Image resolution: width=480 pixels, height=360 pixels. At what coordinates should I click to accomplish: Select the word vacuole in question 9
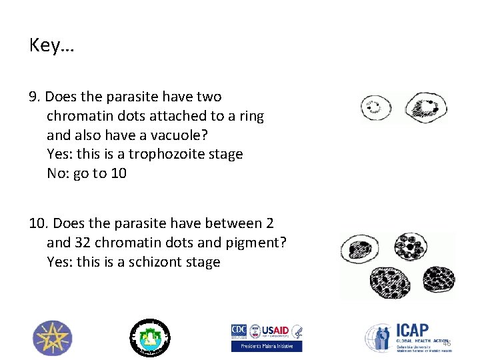(181, 135)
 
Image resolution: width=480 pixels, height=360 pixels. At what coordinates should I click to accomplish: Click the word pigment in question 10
(254, 243)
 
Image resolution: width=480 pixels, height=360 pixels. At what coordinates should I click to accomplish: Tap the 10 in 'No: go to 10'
(119, 173)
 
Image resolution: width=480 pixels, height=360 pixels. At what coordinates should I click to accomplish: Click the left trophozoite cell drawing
(376, 107)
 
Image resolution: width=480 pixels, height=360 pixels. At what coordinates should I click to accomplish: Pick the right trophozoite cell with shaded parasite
(426, 107)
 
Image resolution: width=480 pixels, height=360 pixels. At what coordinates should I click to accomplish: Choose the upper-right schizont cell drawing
(413, 246)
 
